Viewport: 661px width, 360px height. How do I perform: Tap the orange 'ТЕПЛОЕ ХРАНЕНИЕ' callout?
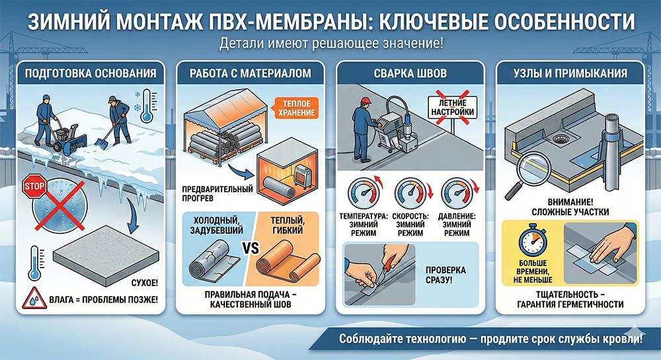(294, 108)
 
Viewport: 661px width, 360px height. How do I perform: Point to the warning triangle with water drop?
(34, 299)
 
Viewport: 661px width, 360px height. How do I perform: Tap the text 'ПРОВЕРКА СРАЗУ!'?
(446, 275)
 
